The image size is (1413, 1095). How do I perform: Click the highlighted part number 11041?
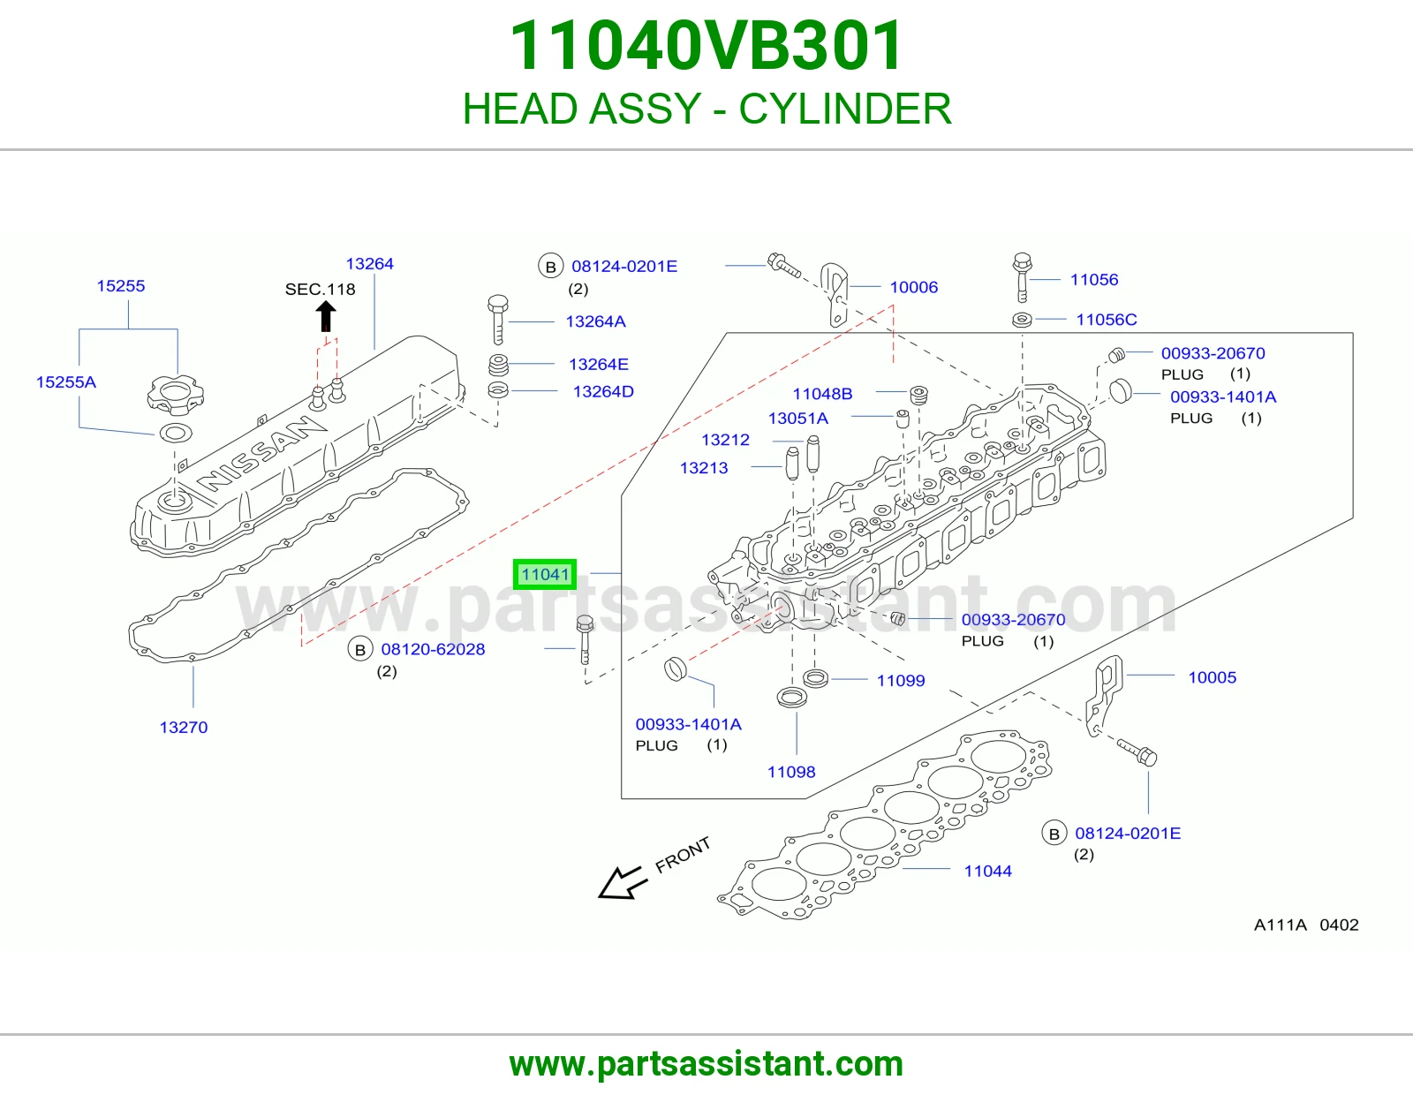click(545, 574)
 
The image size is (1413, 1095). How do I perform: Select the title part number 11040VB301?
click(706, 46)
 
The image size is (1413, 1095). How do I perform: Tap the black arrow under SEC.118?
click(326, 316)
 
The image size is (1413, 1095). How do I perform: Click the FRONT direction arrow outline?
click(623, 882)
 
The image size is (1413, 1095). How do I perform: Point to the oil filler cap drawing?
click(175, 395)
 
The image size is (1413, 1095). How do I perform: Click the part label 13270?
click(184, 727)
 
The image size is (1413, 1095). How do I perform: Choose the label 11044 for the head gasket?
click(987, 871)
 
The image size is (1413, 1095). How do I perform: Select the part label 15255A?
click(65, 381)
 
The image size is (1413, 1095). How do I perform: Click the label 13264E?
click(598, 364)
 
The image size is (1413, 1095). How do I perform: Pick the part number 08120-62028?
click(433, 649)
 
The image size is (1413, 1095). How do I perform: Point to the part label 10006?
click(914, 287)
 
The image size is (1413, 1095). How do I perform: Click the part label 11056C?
click(1106, 320)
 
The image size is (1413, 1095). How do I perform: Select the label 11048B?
click(822, 393)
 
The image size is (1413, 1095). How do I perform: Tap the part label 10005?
click(1212, 677)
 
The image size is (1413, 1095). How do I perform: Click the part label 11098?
click(790, 772)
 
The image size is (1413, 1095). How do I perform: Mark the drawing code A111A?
click(1280, 925)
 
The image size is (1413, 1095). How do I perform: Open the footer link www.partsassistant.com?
click(706, 1064)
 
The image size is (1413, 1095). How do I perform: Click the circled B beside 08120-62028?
click(360, 650)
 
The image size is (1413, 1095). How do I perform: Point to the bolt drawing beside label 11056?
click(1022, 277)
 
